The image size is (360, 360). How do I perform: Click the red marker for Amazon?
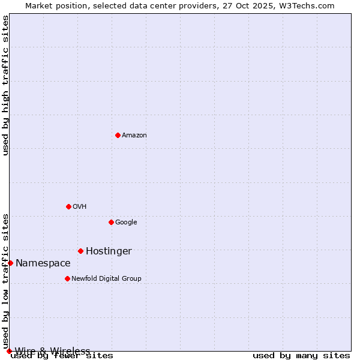coord(118,135)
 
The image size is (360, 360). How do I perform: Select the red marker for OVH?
coord(68,206)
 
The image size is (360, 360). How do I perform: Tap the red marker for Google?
coord(111,222)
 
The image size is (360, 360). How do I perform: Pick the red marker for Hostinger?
coord(80,251)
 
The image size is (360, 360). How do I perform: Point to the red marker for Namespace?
coord(10,263)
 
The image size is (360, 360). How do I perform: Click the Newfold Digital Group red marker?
coord(67,278)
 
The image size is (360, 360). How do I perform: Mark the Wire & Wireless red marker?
coord(9,351)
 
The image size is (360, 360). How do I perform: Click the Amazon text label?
coord(134,136)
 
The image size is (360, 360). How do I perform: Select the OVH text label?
coord(80,207)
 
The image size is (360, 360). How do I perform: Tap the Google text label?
coord(126,223)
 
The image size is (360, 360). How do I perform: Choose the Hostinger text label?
coord(109,251)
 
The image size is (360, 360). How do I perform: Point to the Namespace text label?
coord(43,263)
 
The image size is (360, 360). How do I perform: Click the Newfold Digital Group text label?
coord(106,279)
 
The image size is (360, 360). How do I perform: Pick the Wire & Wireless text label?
coord(52,351)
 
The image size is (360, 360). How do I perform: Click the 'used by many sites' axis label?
coord(301,356)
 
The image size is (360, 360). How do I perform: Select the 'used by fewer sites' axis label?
coord(62,356)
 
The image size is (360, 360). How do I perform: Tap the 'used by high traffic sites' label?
coord(5,85)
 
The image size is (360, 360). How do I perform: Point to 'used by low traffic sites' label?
coord(5,281)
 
